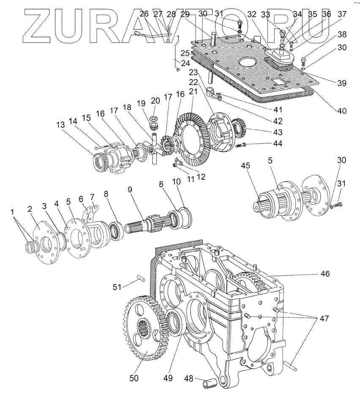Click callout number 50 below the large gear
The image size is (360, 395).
pos(134,378)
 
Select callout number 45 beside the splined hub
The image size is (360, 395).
pos(245,165)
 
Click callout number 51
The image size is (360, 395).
pos(117,287)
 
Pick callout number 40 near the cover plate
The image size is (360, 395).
pos(341,111)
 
